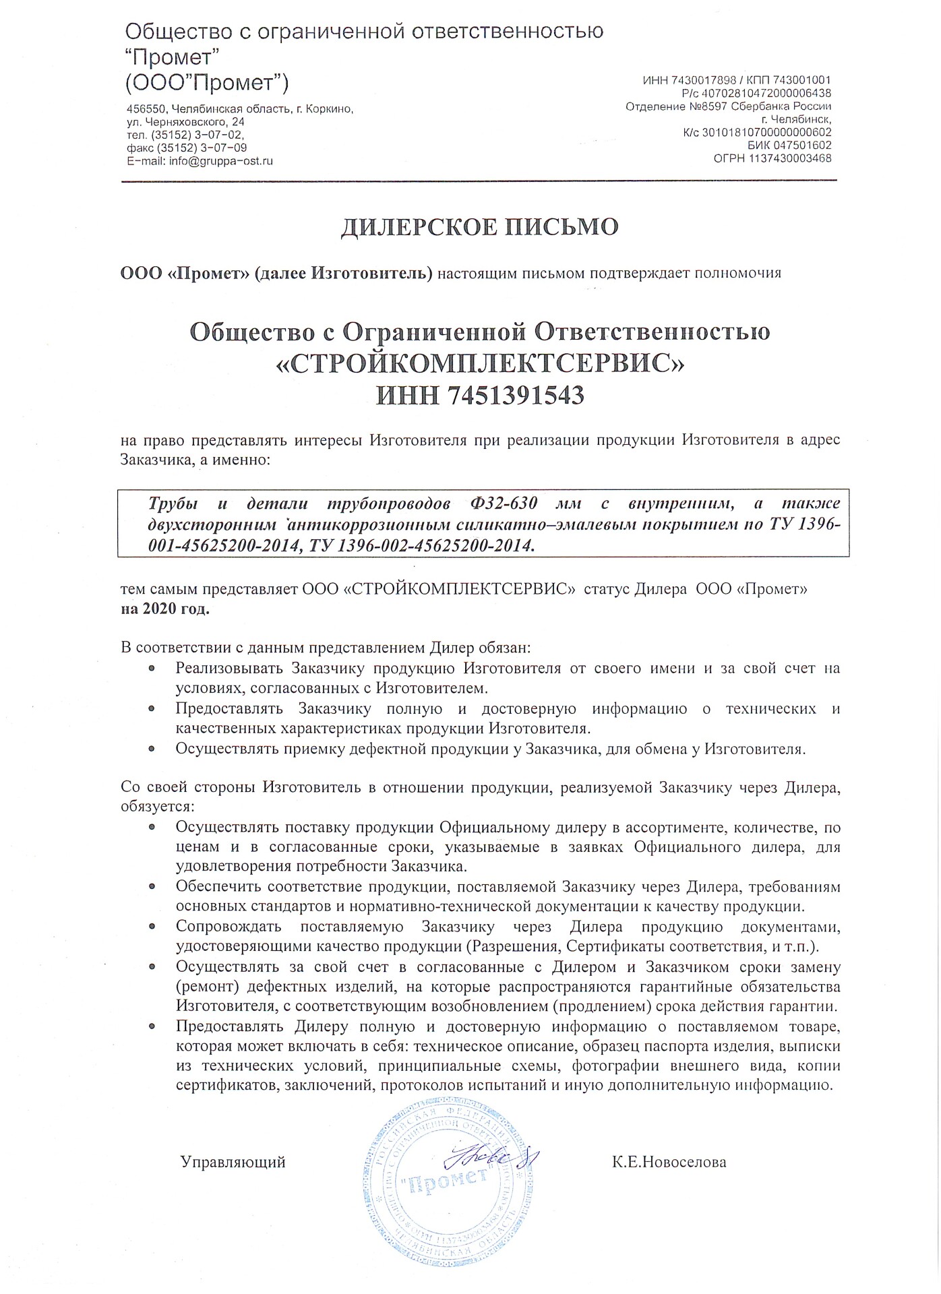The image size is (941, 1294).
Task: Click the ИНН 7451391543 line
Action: pyautogui.click(x=479, y=395)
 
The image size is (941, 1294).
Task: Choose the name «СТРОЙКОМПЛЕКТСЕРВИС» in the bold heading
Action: pyautogui.click(x=479, y=364)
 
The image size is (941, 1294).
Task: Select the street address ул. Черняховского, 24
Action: pyautogui.click(x=185, y=122)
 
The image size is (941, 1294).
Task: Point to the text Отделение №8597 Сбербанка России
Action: pyautogui.click(x=729, y=106)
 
